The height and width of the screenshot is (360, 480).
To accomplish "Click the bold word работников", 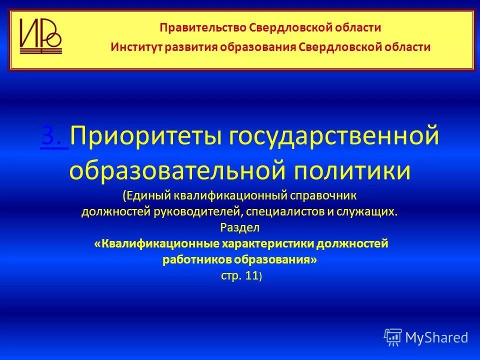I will click(197, 259).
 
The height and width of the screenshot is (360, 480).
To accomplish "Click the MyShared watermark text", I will click(436, 337).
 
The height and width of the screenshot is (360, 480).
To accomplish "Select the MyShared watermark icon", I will click(393, 337).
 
